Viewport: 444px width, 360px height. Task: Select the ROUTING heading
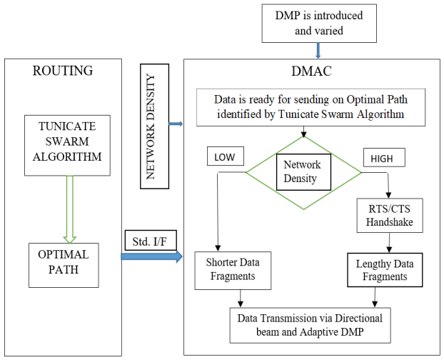(x=64, y=71)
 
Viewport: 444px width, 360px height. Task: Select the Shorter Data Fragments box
(x=228, y=270)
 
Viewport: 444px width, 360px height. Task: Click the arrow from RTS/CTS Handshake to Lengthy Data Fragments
(x=388, y=244)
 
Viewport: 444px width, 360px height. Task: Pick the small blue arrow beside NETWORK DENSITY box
(x=176, y=124)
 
